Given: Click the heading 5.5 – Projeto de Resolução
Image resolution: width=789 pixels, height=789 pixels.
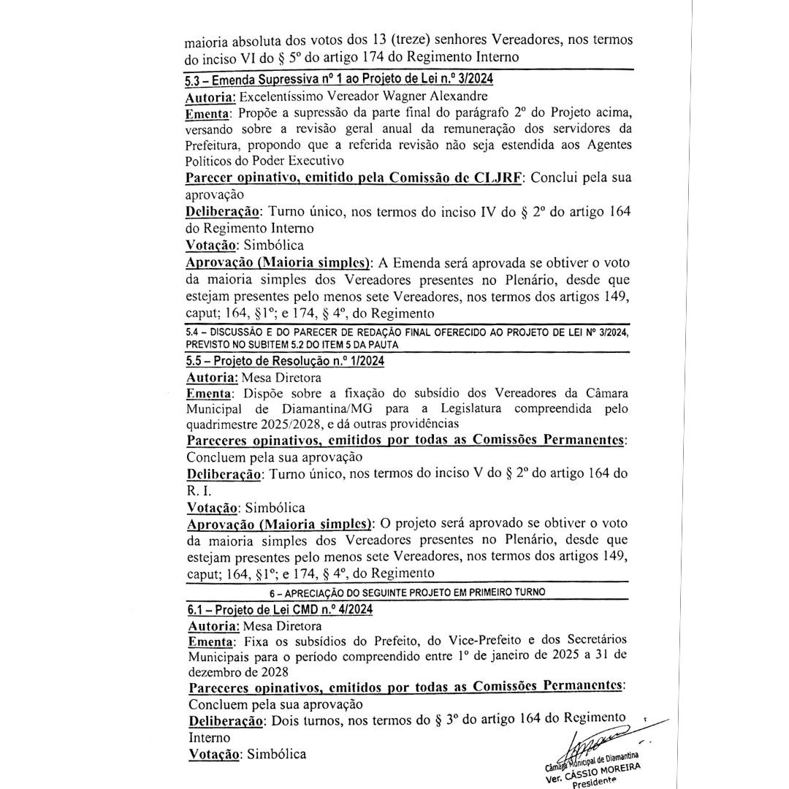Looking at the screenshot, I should (x=286, y=360).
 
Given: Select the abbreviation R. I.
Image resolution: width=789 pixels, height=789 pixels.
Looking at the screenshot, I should (x=199, y=491).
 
